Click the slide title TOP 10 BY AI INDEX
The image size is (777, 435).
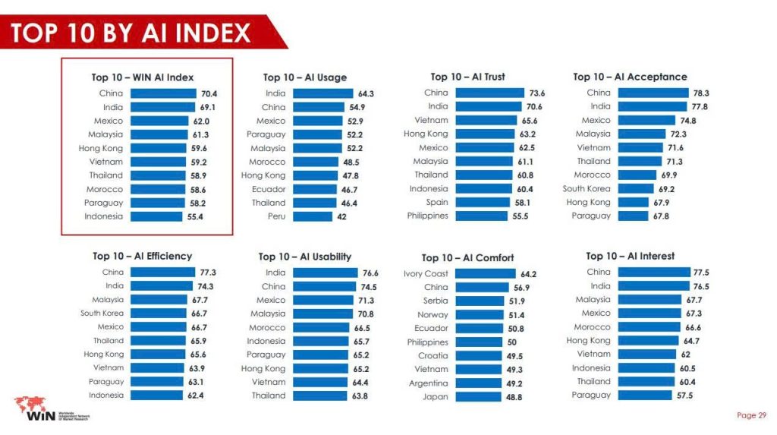131,32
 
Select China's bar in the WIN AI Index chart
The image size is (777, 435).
162,93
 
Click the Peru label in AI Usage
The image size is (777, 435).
275,216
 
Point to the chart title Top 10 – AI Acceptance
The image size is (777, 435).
630,77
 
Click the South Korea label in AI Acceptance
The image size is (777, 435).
586,188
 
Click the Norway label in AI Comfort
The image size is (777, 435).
433,315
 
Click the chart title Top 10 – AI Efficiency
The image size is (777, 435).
142,256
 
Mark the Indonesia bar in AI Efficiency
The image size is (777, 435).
156,396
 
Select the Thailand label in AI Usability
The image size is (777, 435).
269,396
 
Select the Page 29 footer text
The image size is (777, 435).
751,415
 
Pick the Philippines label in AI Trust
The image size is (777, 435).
427,216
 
